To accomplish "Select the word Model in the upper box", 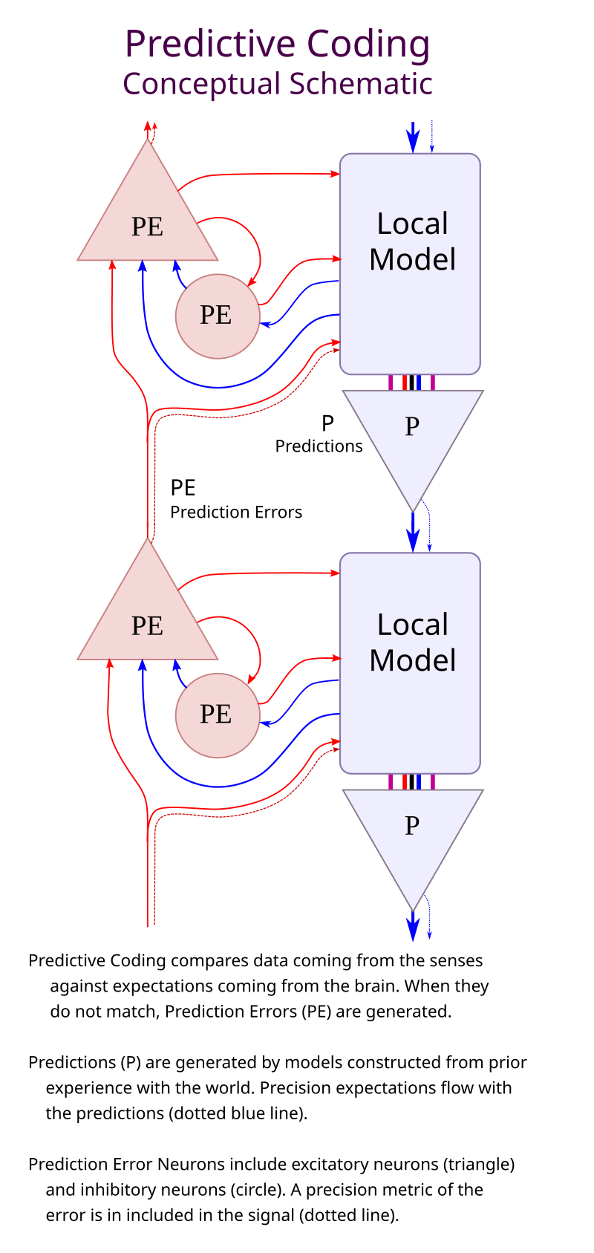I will click(x=413, y=260).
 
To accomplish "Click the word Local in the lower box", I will click(x=413, y=625).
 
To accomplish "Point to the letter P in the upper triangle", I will click(x=412, y=426).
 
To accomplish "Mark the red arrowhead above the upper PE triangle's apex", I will click(x=148, y=126).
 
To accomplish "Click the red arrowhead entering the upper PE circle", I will click(x=252, y=281).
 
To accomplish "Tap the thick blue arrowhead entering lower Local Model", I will click(x=413, y=541).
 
